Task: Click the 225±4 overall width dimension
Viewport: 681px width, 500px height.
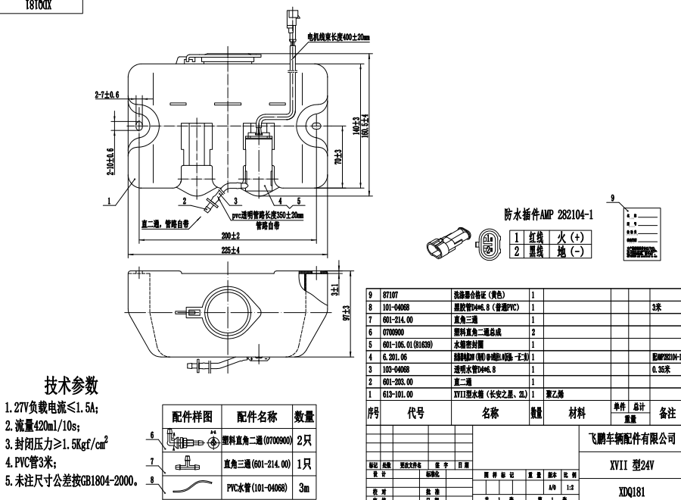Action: [x=231, y=249]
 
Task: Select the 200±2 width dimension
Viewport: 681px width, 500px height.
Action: [x=230, y=234]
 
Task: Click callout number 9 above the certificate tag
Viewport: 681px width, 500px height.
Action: [x=615, y=196]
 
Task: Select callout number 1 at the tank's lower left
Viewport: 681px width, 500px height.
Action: [x=110, y=202]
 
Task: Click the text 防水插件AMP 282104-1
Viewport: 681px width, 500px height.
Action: [x=549, y=214]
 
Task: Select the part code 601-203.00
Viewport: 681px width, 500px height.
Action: [x=399, y=382]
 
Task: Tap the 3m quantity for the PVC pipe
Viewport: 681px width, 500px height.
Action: [x=303, y=489]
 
